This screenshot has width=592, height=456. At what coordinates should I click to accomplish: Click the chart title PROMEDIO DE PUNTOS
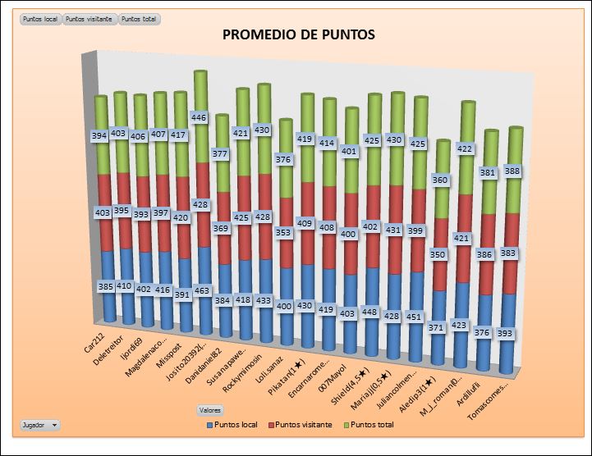(299, 34)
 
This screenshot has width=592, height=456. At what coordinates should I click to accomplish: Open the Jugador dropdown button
(39, 425)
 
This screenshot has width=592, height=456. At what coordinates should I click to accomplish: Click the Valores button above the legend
(210, 409)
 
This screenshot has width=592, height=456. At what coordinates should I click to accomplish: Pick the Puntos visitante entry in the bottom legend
(301, 425)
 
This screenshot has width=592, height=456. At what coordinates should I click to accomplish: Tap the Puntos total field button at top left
(140, 18)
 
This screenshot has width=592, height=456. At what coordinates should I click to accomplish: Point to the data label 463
(203, 291)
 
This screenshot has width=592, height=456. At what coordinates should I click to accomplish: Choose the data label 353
(282, 233)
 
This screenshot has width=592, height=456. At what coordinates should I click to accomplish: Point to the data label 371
(437, 327)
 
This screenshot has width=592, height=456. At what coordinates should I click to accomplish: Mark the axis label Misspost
(178, 342)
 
